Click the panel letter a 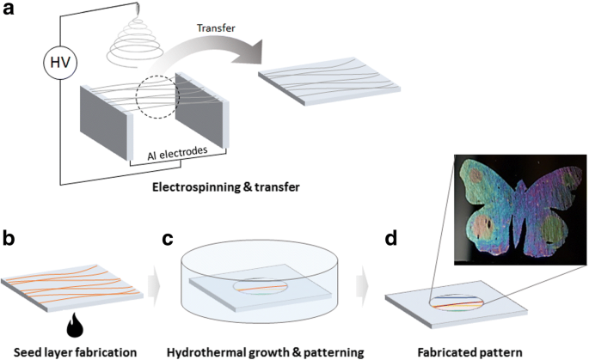coord(12,14)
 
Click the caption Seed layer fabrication coord(65,351)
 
